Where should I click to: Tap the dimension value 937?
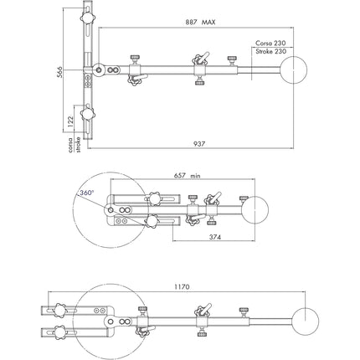pyautogui.click(x=198, y=144)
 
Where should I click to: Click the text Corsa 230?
pyautogui.click(x=270, y=43)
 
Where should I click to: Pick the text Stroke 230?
pyautogui.click(x=270, y=52)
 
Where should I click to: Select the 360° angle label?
pyautogui.click(x=85, y=193)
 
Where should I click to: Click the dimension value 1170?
pyautogui.click(x=183, y=286)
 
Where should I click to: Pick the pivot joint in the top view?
pyautogui.click(x=99, y=70)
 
